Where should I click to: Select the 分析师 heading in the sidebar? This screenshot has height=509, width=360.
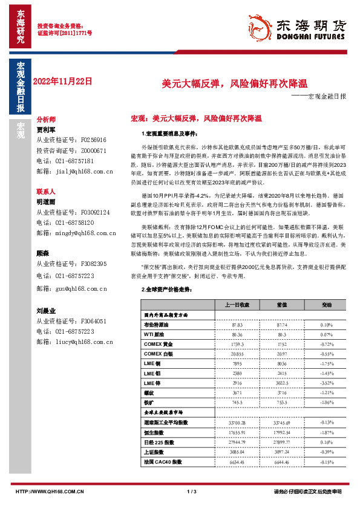pyautogui.click(x=47, y=120)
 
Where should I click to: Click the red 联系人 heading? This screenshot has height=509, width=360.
pyautogui.click(x=47, y=190)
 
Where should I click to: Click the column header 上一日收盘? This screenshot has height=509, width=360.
pyautogui.click(x=237, y=305)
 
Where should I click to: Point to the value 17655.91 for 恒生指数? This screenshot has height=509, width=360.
pyautogui.click(x=237, y=432)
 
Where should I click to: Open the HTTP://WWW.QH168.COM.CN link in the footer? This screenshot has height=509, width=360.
pyautogui.click(x=49, y=491)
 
